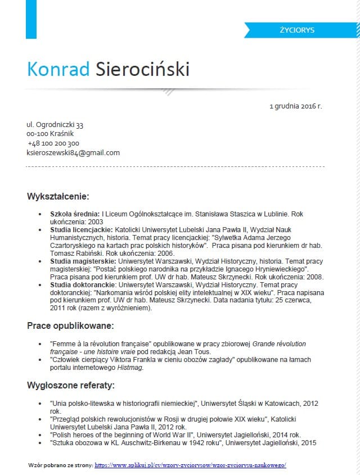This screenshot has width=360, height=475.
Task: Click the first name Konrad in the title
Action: click(x=58, y=69)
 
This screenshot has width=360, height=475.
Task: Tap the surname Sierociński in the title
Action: click(x=143, y=69)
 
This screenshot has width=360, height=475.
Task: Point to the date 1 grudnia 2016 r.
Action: click(x=295, y=105)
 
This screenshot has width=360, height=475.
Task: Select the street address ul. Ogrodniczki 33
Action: click(x=55, y=125)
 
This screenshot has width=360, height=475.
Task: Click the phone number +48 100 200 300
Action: click(x=53, y=143)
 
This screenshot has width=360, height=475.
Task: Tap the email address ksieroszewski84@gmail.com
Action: click(x=73, y=153)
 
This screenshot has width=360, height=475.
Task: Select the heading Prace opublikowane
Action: click(x=70, y=325)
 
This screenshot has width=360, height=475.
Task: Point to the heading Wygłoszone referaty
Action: click(x=71, y=385)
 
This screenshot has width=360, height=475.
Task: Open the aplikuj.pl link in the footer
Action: click(x=190, y=465)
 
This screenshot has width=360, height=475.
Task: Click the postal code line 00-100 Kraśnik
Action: click(x=50, y=134)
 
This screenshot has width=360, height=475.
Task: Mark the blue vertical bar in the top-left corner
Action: click(x=31, y=19)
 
